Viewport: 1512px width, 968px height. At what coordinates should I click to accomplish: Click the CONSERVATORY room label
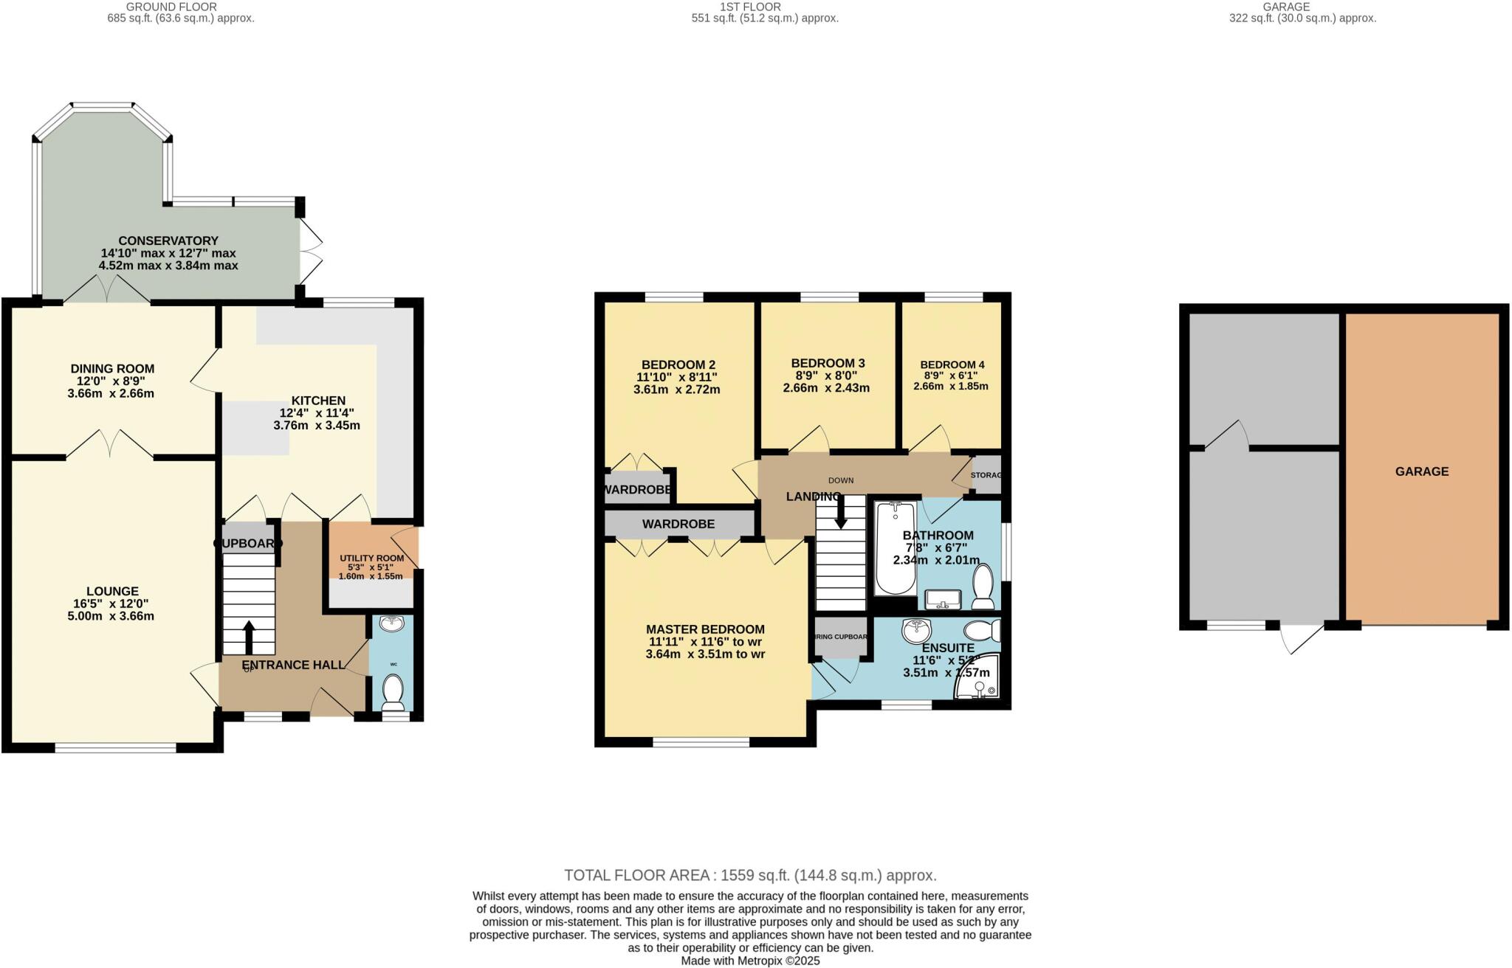click(x=168, y=241)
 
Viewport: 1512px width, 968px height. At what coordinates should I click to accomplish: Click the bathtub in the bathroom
click(x=895, y=547)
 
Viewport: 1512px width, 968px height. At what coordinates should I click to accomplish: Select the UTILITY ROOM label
click(x=371, y=559)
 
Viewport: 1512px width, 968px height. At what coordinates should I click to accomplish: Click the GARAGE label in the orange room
click(x=1421, y=471)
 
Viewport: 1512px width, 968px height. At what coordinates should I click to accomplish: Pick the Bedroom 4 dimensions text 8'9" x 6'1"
click(x=952, y=376)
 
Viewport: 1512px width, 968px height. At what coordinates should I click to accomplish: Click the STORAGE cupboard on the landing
click(x=986, y=475)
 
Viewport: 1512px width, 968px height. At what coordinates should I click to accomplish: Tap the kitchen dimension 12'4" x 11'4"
click(x=317, y=413)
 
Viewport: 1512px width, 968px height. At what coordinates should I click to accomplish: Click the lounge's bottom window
click(x=115, y=747)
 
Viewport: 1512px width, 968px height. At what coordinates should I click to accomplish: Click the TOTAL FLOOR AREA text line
click(x=750, y=876)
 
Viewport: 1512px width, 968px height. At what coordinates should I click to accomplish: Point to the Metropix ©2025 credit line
click(x=750, y=961)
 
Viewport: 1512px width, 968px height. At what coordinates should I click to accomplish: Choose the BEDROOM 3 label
click(x=828, y=363)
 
